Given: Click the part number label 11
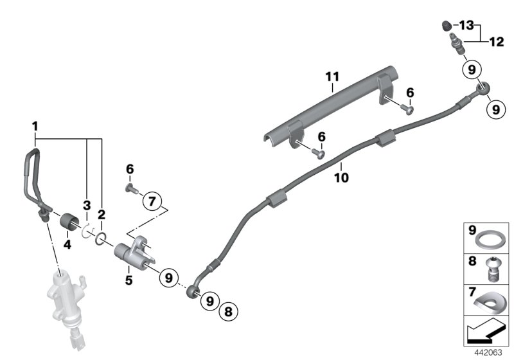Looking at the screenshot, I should (x=331, y=77).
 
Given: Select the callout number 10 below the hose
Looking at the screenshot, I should (x=341, y=176).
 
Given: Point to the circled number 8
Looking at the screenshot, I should (x=227, y=313).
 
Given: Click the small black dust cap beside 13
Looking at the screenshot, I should (x=444, y=26).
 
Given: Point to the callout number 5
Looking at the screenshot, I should (x=128, y=280).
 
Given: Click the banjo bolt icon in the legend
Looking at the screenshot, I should (x=492, y=269).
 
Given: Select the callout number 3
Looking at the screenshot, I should (x=85, y=205).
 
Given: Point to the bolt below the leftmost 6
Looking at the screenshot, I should (x=130, y=188).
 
